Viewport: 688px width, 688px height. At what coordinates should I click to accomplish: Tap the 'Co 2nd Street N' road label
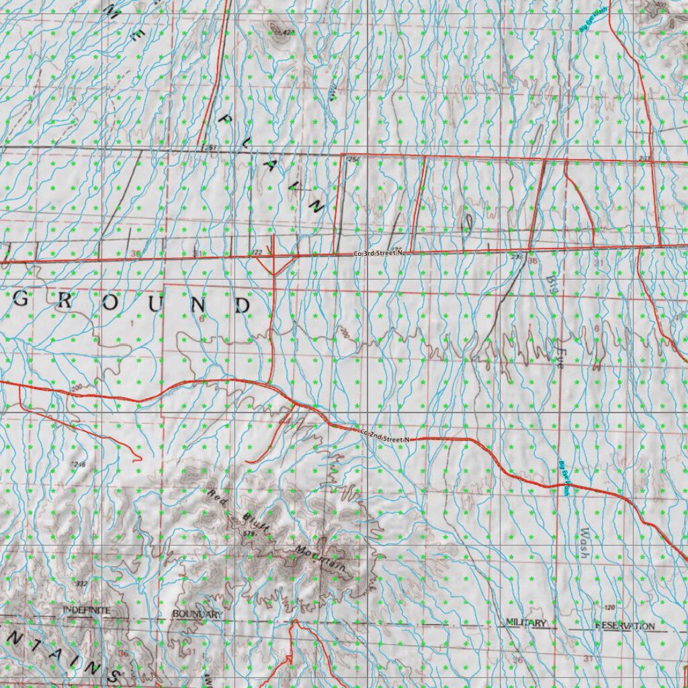click(x=384, y=438)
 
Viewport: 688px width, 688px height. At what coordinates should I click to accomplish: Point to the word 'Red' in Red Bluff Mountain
click(x=218, y=498)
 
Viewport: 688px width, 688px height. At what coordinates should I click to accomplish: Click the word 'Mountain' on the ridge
click(x=320, y=559)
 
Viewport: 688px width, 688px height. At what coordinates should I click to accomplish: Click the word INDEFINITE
click(x=87, y=609)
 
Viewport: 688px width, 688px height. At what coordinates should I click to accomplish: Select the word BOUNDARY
click(x=196, y=614)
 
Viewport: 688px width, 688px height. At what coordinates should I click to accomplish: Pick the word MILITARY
click(x=527, y=623)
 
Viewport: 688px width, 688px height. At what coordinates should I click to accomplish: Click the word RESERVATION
click(x=624, y=626)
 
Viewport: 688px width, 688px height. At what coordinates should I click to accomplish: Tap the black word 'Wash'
click(x=584, y=544)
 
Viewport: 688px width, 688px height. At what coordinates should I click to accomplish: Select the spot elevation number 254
click(x=353, y=159)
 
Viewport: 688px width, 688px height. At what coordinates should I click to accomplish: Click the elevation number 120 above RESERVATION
click(x=609, y=607)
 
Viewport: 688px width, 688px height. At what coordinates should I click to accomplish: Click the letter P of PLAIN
click(x=226, y=119)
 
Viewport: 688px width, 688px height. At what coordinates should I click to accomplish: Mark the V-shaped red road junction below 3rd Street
click(x=275, y=265)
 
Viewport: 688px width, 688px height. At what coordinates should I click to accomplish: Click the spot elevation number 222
click(x=255, y=252)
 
